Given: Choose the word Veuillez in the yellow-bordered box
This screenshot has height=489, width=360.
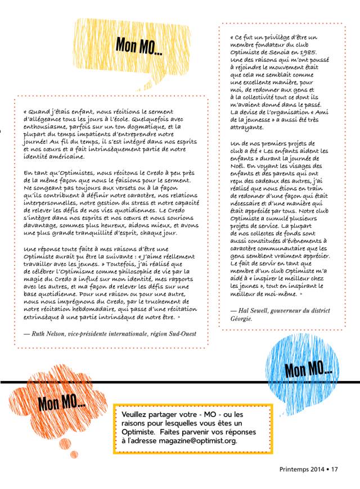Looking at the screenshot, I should pos(137,413).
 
